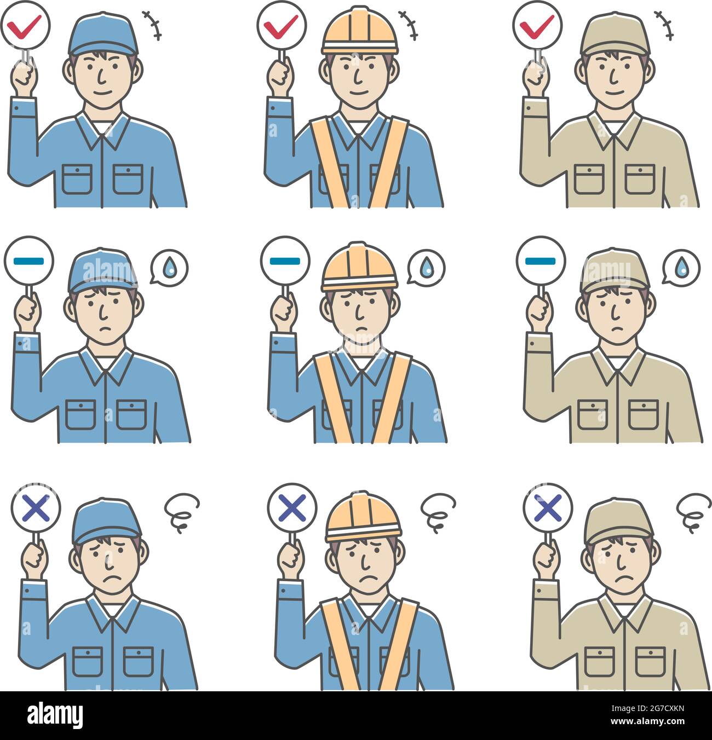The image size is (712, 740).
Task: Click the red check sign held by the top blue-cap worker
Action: (x=26, y=25)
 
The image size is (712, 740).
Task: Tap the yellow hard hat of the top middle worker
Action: (x=359, y=32)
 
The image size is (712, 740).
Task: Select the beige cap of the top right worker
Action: (x=615, y=34)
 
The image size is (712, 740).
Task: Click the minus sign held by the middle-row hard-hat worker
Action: (x=285, y=261)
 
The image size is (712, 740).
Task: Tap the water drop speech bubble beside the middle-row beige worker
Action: (x=681, y=268)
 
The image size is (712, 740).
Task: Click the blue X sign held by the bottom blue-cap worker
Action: (x=36, y=507)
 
